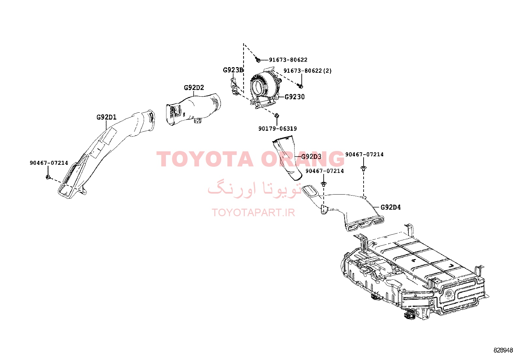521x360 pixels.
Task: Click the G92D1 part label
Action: [106, 117]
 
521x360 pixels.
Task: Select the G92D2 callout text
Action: [194, 87]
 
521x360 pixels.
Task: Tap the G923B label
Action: [233, 70]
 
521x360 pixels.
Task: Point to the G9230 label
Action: [295, 97]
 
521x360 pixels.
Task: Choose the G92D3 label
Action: [311, 157]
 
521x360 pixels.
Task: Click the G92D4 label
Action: [390, 207]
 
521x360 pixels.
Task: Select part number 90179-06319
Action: [278, 128]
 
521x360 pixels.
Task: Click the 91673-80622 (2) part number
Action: [307, 70]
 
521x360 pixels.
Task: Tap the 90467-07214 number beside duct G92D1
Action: [49, 163]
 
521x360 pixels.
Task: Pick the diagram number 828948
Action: [503, 350]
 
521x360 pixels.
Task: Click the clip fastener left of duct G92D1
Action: [48, 177]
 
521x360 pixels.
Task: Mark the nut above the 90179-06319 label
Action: [277, 116]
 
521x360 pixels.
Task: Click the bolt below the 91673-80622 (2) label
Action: [300, 86]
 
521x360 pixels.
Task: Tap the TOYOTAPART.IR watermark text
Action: [253, 212]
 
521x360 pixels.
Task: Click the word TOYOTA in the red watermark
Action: [205, 159]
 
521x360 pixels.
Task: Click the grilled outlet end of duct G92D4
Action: [365, 223]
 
